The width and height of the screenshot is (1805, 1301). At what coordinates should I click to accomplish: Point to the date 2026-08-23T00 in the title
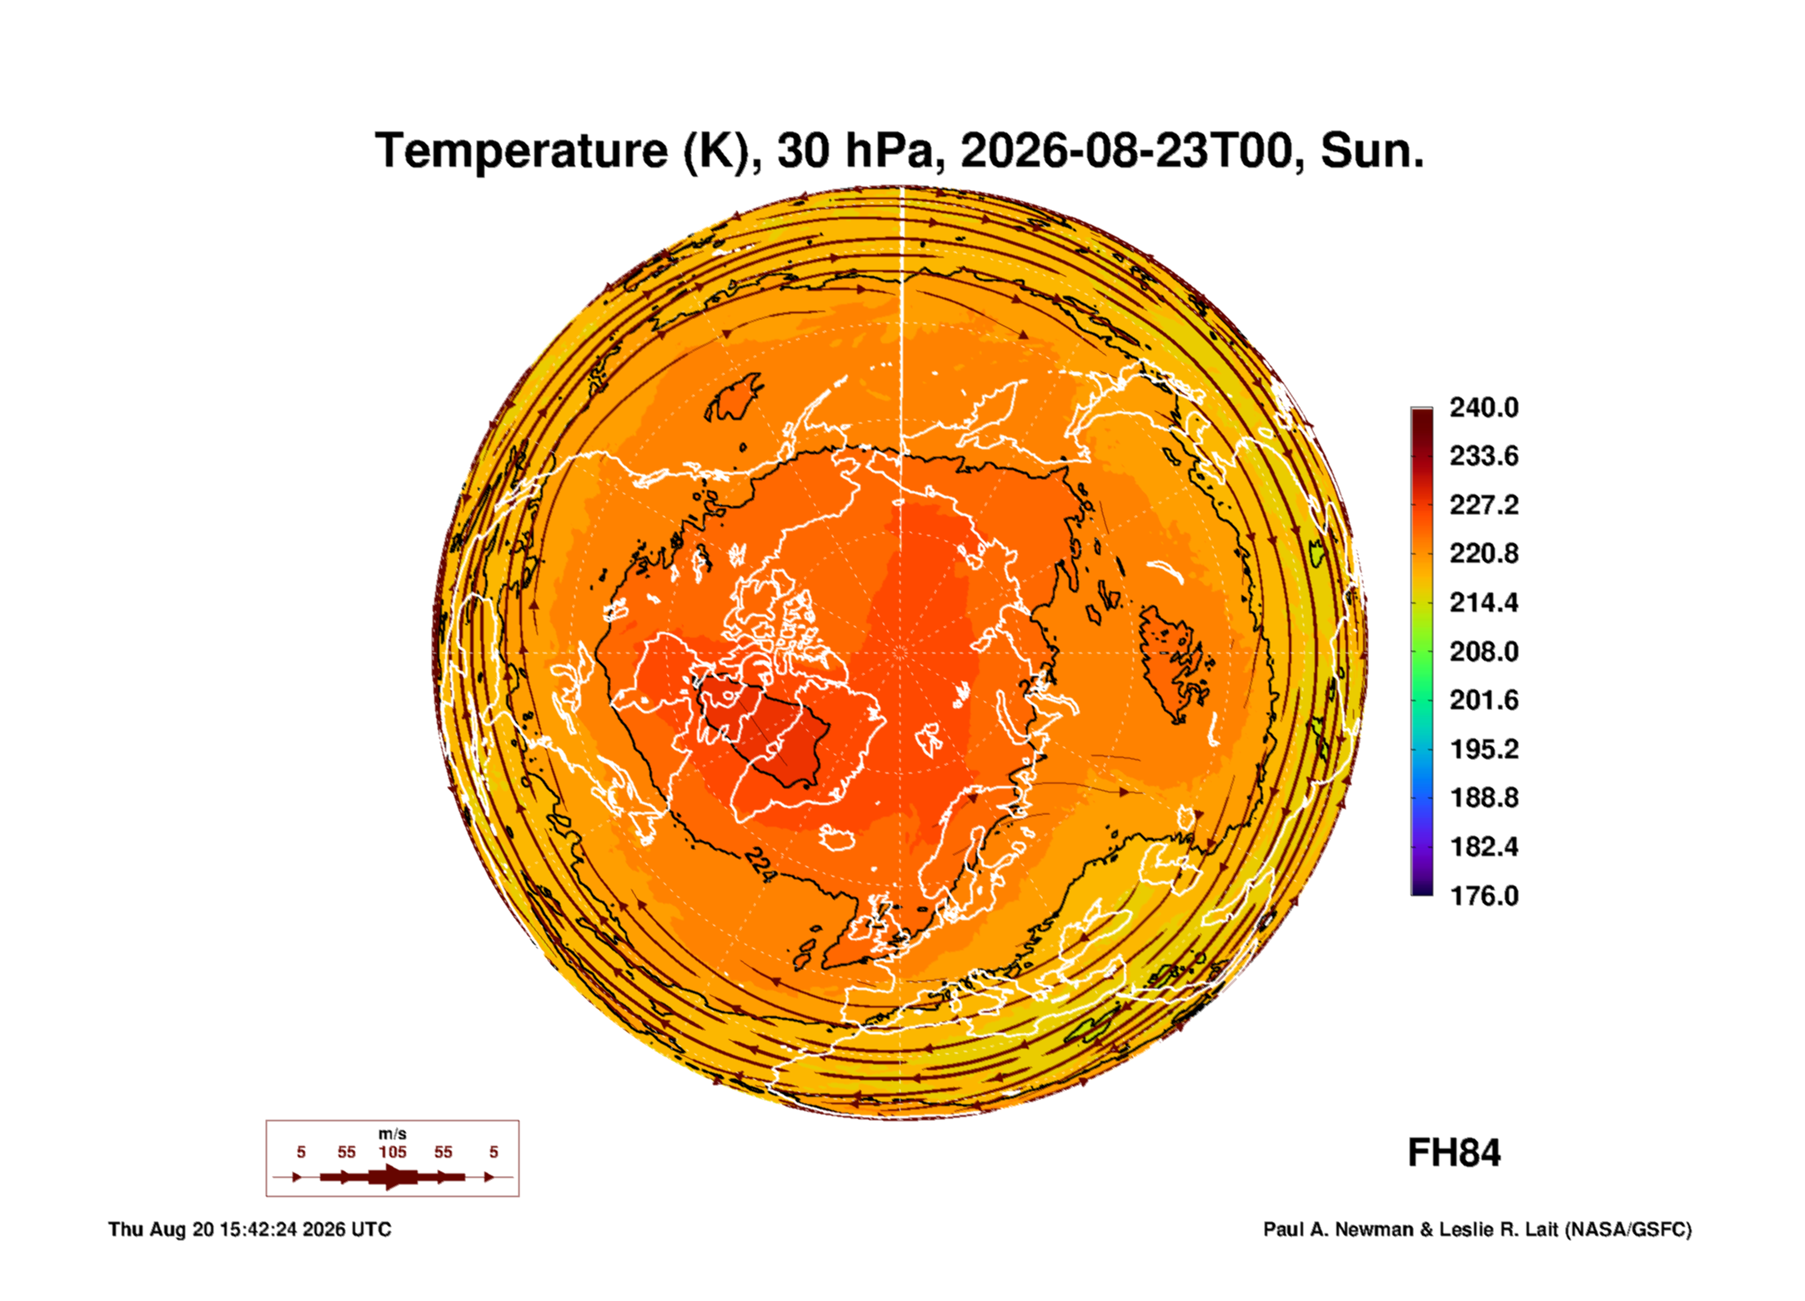click(1126, 151)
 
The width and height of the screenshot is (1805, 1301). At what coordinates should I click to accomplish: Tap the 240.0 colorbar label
click(1484, 408)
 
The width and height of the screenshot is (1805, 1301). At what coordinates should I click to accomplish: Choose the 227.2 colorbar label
click(1484, 505)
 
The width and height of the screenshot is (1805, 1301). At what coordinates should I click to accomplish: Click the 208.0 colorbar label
click(1484, 652)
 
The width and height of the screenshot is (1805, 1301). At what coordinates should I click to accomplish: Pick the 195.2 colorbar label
click(1484, 749)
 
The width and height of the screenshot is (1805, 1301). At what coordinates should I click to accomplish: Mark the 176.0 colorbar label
click(1484, 896)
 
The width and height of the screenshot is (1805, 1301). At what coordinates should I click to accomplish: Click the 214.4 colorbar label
click(1484, 603)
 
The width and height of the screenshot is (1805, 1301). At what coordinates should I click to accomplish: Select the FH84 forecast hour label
click(1454, 1153)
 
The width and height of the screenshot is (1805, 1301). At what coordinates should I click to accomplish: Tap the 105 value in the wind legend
click(393, 1153)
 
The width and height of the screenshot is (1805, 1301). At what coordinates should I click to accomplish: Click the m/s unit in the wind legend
click(393, 1134)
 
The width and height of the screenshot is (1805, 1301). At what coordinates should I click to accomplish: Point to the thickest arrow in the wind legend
click(393, 1177)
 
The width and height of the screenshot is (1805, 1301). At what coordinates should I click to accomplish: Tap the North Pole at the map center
click(900, 652)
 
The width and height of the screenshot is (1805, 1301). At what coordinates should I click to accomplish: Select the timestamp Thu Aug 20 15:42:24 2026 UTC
click(250, 1229)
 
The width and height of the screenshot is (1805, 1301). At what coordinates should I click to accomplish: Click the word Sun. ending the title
click(1372, 151)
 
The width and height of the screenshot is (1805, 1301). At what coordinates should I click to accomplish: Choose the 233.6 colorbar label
click(1484, 456)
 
